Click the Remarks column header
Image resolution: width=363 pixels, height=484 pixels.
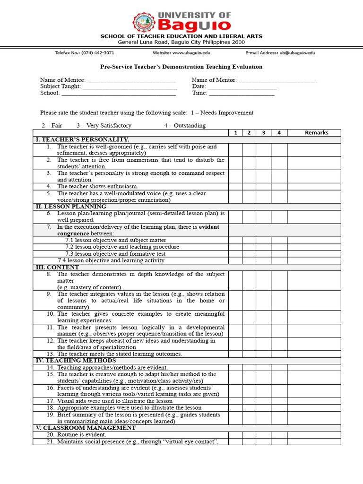(316, 133)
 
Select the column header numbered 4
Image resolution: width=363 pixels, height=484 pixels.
(279, 133)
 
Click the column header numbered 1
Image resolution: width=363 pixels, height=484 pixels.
(235, 133)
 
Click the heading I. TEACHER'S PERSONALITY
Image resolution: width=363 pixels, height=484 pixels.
(82, 139)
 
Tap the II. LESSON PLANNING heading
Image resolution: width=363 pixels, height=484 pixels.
(71, 207)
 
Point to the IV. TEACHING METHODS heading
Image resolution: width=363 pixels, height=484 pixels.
(76, 361)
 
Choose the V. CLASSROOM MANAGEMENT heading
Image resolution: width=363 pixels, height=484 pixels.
(86, 428)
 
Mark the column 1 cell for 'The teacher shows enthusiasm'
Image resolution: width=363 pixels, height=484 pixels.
(235, 187)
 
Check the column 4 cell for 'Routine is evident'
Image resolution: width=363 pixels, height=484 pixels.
(279, 435)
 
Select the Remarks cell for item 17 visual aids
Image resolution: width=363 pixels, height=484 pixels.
(314, 401)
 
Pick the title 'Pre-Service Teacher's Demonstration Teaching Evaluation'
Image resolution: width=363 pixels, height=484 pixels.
(181, 67)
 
